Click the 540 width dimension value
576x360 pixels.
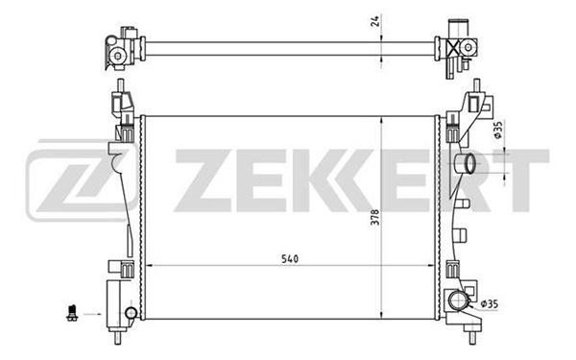click(290, 258)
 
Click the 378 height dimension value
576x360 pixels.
click(374, 217)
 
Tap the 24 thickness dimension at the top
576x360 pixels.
click(375, 21)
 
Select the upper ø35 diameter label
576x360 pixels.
click(497, 130)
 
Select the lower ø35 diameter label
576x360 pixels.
click(490, 303)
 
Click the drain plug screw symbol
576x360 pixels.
click(72, 313)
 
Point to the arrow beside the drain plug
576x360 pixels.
click(92, 314)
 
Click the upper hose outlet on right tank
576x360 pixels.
click(465, 164)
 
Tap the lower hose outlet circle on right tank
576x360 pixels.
click(458, 300)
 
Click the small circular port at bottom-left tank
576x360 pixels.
click(131, 313)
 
